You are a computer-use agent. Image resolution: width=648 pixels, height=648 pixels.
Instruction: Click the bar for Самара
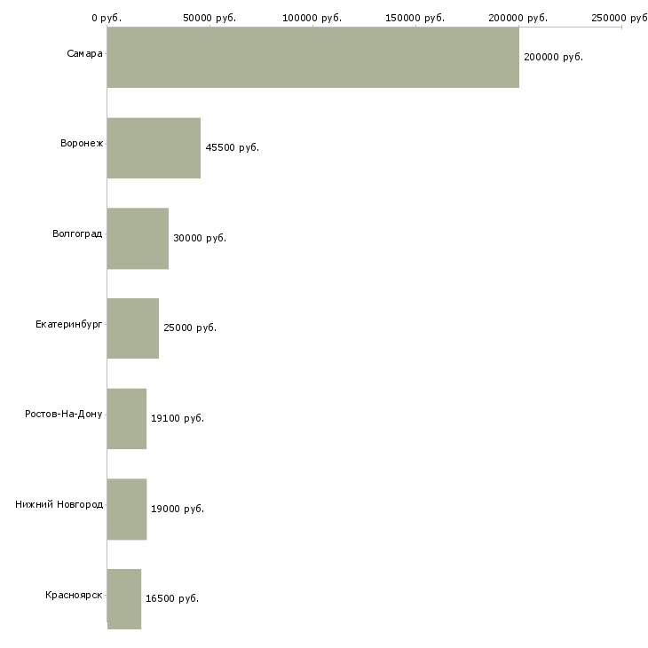(x=312, y=58)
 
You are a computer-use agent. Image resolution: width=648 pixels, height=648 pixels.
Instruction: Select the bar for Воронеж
(x=154, y=148)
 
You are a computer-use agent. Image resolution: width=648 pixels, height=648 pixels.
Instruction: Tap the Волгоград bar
(x=138, y=239)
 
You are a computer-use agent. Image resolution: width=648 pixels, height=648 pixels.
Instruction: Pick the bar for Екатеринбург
(x=133, y=328)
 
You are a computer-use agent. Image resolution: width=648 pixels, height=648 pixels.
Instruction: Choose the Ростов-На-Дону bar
(x=127, y=419)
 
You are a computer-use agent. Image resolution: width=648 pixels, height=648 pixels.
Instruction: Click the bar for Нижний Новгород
(x=127, y=510)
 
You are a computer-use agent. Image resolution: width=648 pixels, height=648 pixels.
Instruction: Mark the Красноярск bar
(x=124, y=599)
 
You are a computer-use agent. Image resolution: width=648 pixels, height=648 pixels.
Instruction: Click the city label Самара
(x=84, y=53)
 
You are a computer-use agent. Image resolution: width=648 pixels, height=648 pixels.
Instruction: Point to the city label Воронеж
(x=82, y=143)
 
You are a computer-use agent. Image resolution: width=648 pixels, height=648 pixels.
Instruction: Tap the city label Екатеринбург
(x=69, y=324)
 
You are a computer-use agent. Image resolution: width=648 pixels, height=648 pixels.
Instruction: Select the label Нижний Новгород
(x=59, y=504)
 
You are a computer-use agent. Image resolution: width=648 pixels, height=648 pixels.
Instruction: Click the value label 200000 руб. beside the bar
(x=553, y=57)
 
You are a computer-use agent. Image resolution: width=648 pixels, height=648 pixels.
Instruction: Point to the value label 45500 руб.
(x=232, y=147)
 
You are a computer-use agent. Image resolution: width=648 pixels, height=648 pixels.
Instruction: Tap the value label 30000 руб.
(x=200, y=238)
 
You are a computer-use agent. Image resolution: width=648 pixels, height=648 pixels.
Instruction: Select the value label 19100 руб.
(x=178, y=418)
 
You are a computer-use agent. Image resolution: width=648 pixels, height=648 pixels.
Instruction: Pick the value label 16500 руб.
(x=172, y=598)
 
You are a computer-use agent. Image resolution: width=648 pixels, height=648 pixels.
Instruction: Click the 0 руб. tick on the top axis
(x=107, y=18)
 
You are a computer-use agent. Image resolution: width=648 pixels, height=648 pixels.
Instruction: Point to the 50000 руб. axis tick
(x=209, y=18)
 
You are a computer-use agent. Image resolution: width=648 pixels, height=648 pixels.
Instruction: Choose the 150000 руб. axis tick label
(x=415, y=18)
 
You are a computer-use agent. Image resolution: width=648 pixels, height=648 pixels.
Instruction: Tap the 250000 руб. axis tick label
(x=620, y=18)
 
